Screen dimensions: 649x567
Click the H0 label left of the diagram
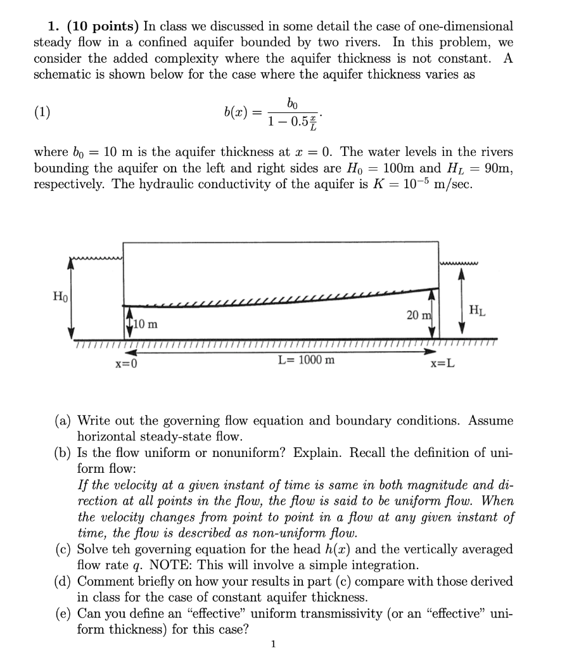(x=60, y=295)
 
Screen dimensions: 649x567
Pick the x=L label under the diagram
(x=442, y=364)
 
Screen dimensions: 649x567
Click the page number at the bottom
(x=273, y=644)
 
